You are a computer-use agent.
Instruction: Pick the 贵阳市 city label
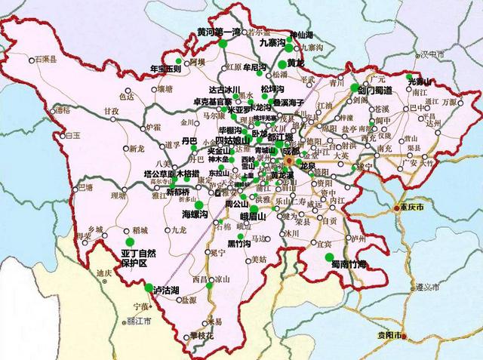click(391, 334)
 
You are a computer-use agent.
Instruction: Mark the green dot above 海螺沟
click(198, 205)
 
